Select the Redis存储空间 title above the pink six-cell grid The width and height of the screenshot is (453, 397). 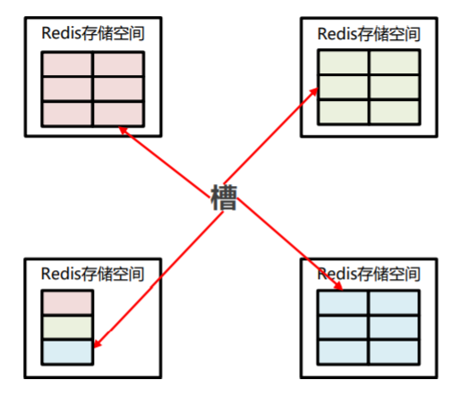(x=93, y=33)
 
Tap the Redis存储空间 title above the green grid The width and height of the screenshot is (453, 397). (x=368, y=33)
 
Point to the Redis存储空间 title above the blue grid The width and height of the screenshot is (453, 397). (x=368, y=273)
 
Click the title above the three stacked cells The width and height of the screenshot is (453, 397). (x=93, y=273)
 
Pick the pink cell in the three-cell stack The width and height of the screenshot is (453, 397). (x=67, y=303)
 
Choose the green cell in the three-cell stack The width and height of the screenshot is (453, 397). (x=67, y=327)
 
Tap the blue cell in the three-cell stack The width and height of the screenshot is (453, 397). (x=67, y=351)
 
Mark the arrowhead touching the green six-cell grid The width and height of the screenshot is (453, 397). (x=314, y=91)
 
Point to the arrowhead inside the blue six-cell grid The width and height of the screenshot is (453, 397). (x=338, y=286)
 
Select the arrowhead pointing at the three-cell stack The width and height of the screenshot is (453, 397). (x=98, y=344)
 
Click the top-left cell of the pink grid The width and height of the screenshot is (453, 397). (x=68, y=64)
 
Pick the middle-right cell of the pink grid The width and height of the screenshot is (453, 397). (x=119, y=89)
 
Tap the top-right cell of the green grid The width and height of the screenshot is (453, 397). (x=393, y=63)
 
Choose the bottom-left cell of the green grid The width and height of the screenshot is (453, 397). (x=343, y=111)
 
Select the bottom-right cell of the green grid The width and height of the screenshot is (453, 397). (x=393, y=111)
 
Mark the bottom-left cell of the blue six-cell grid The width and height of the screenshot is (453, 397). (x=343, y=351)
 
